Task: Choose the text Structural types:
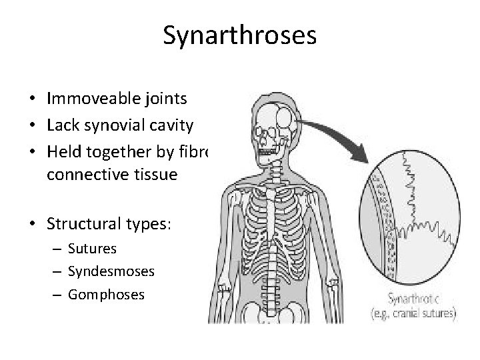point(109,222)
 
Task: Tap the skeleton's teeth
point(269,153)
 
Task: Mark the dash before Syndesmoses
point(59,271)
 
